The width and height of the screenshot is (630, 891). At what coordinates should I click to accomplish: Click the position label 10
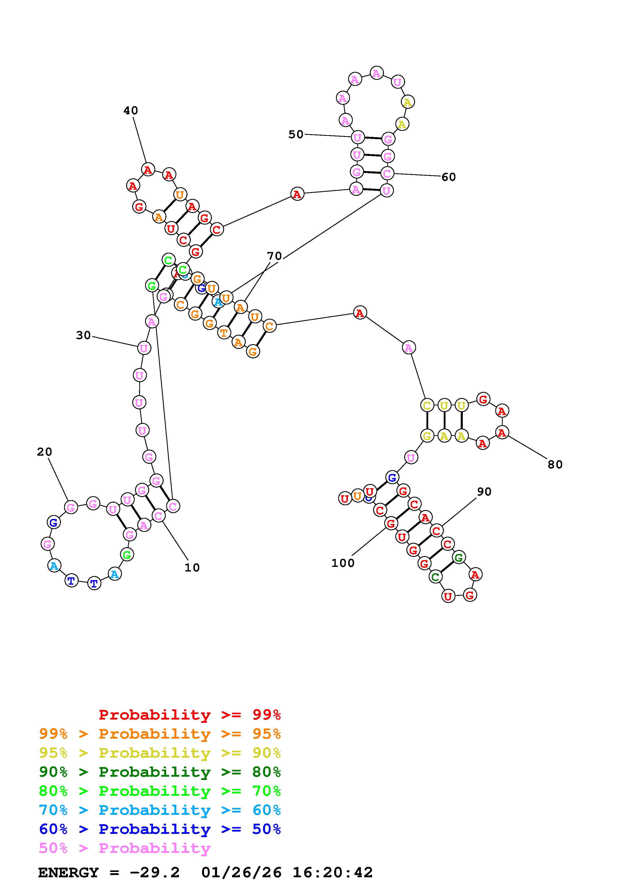tap(192, 568)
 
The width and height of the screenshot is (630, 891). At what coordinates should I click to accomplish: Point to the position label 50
tap(296, 134)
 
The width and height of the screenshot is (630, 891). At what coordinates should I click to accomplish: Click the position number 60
tap(449, 177)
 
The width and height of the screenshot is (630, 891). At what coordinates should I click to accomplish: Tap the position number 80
tap(555, 465)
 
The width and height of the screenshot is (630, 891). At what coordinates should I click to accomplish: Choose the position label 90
tap(484, 492)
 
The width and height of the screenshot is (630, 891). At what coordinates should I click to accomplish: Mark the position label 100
tap(343, 563)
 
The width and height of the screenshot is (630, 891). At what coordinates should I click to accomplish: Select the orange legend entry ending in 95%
tap(160, 734)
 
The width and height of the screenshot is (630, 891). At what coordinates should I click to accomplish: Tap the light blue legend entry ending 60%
tap(160, 810)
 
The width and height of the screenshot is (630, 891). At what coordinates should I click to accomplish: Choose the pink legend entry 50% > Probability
tap(125, 848)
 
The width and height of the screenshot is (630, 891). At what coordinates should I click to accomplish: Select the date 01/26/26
tap(241, 873)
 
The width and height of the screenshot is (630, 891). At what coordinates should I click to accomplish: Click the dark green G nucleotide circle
tap(458, 558)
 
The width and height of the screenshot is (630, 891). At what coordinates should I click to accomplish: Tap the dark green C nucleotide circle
tap(435, 577)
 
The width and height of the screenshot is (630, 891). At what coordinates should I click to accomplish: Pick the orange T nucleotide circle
tap(224, 332)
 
